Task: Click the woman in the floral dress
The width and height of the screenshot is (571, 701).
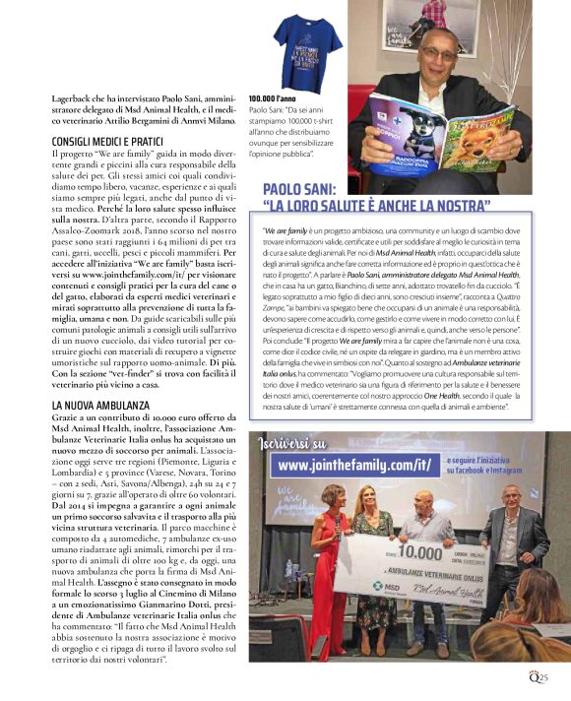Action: click(372, 566)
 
